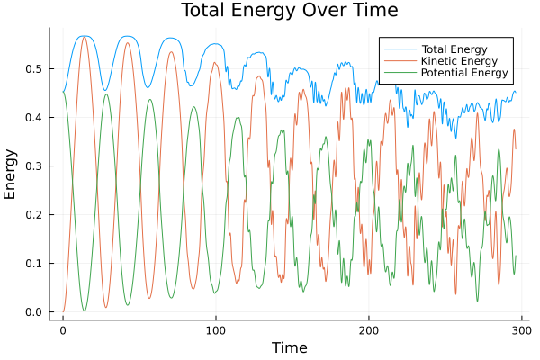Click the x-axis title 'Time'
click(290, 347)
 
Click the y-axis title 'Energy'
click(11, 174)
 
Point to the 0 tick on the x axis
click(63, 330)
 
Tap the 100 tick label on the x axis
click(216, 330)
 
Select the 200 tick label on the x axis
click(369, 330)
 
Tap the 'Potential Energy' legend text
click(465, 73)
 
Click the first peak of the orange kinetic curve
click(85, 38)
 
